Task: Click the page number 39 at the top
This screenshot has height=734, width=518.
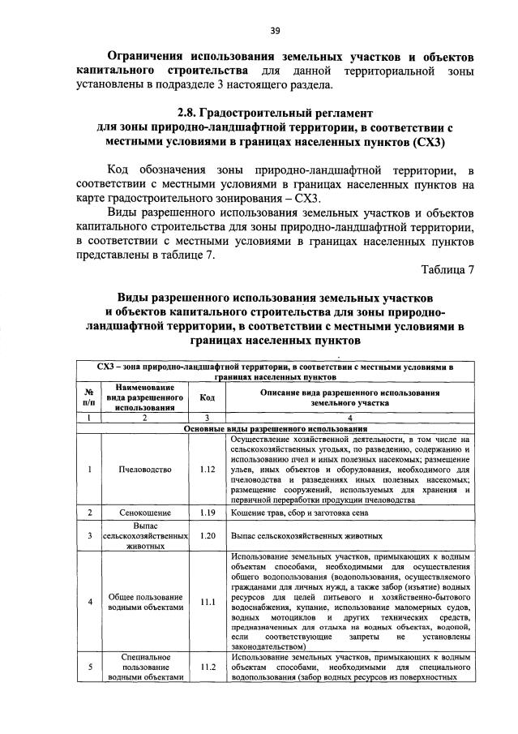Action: pyautogui.click(x=276, y=31)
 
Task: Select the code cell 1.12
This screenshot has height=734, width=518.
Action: pyautogui.click(x=207, y=469)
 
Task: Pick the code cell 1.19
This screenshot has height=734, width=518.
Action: pyautogui.click(x=207, y=513)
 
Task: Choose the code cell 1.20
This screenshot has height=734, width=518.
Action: pyautogui.click(x=207, y=535)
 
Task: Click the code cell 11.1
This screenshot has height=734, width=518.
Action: pyautogui.click(x=207, y=602)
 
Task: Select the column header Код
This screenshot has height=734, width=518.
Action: pyautogui.click(x=207, y=397)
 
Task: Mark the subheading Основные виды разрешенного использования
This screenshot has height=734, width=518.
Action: pyautogui.click(x=276, y=427)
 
